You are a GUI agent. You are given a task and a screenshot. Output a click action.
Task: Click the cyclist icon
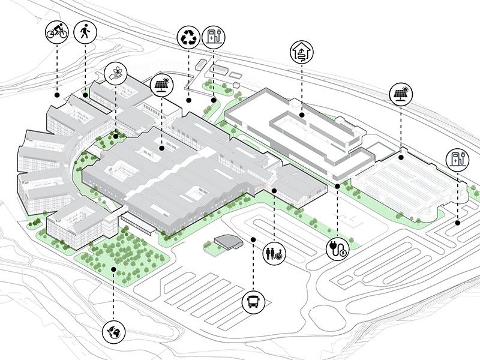(x=57, y=32)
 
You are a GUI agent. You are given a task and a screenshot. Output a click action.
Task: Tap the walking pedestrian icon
(x=85, y=32)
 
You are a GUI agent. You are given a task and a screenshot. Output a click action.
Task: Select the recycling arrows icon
(x=188, y=38)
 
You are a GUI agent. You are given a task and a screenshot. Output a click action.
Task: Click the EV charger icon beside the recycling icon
(x=213, y=38)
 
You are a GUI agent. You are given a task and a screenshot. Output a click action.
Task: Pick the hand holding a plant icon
(x=116, y=73)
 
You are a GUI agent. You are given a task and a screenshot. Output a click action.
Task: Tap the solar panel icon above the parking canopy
(x=400, y=94)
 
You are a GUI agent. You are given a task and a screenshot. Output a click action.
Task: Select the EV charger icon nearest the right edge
(x=458, y=161)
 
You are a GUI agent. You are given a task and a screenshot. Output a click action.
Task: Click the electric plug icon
(x=338, y=249)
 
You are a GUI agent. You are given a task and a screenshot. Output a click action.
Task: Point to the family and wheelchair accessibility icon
(x=274, y=252)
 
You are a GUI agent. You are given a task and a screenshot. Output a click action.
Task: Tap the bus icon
(x=254, y=302)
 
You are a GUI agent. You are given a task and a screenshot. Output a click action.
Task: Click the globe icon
(x=113, y=329)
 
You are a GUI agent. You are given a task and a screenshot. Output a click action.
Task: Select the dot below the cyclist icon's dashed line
(x=57, y=95)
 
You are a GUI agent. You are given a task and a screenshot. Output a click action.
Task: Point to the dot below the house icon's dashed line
(x=302, y=113)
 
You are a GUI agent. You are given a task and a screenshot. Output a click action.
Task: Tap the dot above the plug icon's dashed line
(x=338, y=187)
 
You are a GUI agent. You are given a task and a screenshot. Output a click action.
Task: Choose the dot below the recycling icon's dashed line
(x=188, y=100)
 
